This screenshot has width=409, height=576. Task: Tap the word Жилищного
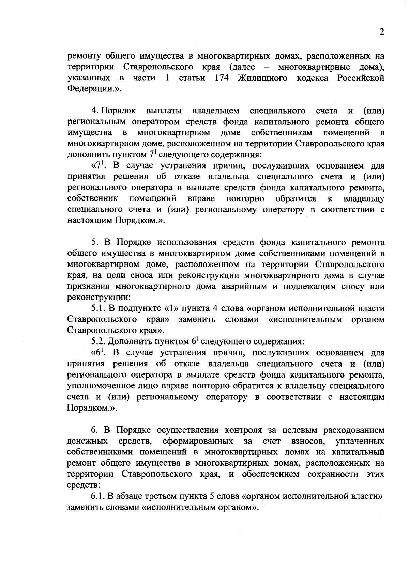262,78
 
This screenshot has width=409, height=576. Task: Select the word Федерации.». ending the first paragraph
94,89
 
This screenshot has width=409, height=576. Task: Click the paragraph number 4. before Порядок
95,111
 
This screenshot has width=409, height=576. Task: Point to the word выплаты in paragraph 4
164,111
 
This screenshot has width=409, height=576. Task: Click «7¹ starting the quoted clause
97,166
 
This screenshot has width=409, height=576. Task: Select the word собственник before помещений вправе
93,198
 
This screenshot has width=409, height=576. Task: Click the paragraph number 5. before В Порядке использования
95,243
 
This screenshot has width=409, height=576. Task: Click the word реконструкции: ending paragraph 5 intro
99,298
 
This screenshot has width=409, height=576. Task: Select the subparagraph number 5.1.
99,308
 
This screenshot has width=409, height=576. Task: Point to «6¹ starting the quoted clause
97,353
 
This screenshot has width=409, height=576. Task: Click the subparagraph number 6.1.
99,496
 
